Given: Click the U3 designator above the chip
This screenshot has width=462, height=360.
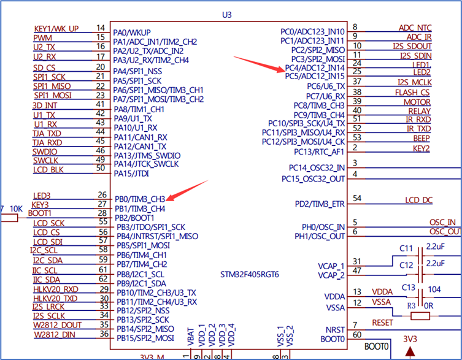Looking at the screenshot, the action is pos(231,13).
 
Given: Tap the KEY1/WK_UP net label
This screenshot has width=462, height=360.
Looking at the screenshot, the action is pos(56,29).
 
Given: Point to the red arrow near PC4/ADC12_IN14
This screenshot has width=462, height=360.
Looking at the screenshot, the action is pos(258,64).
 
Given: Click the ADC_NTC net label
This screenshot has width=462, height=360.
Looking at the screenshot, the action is pos(415,28).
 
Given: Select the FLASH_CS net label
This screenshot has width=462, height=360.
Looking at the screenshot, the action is pos(412,93).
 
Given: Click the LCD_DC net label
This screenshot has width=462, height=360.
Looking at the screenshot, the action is pos(418,200).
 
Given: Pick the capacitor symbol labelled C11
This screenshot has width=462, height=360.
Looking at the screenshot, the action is pos(420,252).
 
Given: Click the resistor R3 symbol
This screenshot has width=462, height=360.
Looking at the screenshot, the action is pos(420,316).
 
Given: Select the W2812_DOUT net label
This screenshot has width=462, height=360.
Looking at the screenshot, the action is pos(58,325).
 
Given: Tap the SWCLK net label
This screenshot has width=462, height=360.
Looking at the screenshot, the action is pos(45,160).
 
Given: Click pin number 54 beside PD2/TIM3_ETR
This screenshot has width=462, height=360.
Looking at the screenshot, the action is pos(357,199).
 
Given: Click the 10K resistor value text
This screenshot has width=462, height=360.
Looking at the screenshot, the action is pos(15,209).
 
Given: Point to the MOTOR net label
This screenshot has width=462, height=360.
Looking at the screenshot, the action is pos(417,102).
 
